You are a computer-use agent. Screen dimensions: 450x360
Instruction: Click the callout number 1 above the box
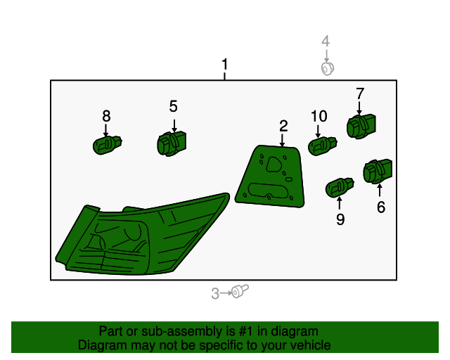click(x=225, y=64)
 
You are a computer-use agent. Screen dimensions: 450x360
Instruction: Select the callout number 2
click(x=283, y=127)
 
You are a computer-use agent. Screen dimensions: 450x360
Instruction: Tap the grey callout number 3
click(x=215, y=293)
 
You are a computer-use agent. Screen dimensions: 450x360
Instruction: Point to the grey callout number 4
click(x=326, y=41)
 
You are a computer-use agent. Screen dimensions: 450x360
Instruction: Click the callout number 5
click(x=174, y=106)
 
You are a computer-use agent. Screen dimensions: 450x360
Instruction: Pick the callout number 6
click(x=381, y=207)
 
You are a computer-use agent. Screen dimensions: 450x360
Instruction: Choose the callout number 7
click(x=360, y=94)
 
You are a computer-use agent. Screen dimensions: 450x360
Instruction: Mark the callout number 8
click(x=106, y=116)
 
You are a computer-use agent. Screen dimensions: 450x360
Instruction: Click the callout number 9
click(x=340, y=219)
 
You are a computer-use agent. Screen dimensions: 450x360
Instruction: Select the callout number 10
click(x=319, y=116)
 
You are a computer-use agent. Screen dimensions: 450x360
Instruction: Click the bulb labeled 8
click(x=108, y=146)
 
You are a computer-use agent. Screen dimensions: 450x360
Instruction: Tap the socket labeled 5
click(x=172, y=143)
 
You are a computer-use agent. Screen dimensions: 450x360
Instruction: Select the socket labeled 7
click(x=361, y=127)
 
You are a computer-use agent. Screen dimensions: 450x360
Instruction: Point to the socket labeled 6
click(x=378, y=172)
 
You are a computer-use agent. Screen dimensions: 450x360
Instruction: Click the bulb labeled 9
click(x=340, y=188)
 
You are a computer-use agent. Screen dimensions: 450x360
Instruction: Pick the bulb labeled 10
click(x=323, y=146)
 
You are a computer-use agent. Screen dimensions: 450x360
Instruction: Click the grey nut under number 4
click(x=328, y=69)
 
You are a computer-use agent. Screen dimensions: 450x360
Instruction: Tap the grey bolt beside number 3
click(x=240, y=291)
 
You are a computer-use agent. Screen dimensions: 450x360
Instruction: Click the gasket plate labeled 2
click(x=270, y=176)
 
